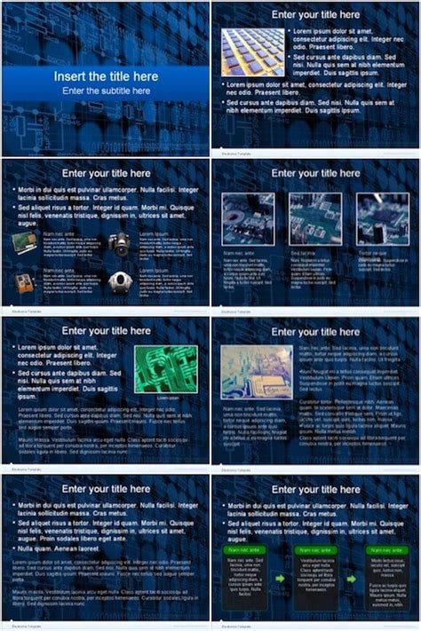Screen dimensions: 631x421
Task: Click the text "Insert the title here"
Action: click(x=105, y=76)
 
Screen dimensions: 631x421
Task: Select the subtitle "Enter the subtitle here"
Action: click(x=105, y=91)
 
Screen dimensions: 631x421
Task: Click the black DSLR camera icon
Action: click(x=118, y=243)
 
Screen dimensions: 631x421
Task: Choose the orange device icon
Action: click(x=25, y=282)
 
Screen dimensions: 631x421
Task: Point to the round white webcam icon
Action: click(x=118, y=281)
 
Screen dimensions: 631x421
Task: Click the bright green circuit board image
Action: click(x=164, y=369)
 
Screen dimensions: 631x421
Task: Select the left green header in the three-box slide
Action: click(x=248, y=550)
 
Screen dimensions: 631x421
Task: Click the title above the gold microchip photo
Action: click(x=315, y=14)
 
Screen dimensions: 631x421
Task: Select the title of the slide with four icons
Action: click(x=105, y=173)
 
